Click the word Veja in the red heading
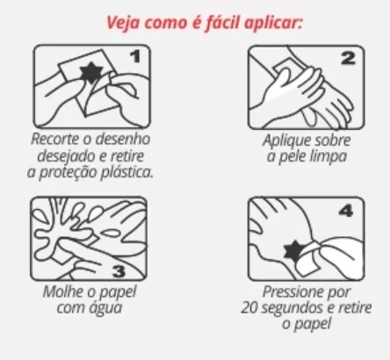tap(122, 23)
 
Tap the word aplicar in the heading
tap(273, 23)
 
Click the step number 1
tap(135, 56)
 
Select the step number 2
tap(348, 58)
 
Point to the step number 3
tap(119, 271)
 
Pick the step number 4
tap(346, 211)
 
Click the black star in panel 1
tap(91, 72)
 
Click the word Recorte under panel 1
tap(55, 139)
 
